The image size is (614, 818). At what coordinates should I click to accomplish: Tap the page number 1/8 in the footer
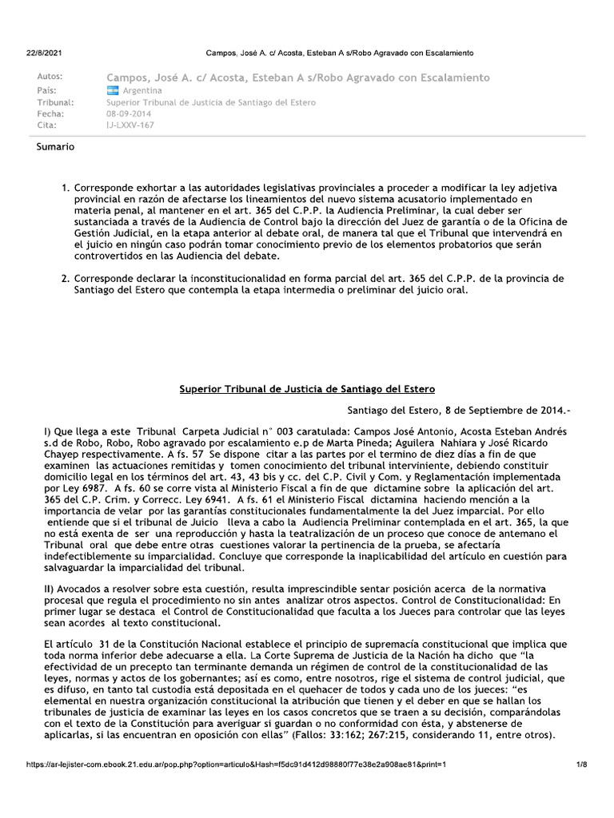pyautogui.click(x=581, y=764)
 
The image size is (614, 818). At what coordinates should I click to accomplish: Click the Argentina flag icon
pyautogui.click(x=112, y=90)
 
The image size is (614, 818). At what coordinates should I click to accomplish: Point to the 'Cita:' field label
pyautogui.click(x=47, y=126)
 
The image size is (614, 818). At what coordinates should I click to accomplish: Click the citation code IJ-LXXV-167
pyautogui.click(x=130, y=126)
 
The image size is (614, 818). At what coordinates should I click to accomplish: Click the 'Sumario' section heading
pyautogui.click(x=56, y=147)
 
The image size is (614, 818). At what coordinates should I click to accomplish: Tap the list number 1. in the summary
pyautogui.click(x=66, y=188)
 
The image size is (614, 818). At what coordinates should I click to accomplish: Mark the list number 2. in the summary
pyautogui.click(x=66, y=278)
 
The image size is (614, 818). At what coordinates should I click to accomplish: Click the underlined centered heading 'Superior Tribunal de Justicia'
pyautogui.click(x=307, y=389)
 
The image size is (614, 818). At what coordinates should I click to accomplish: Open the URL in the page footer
pyautogui.click(x=236, y=764)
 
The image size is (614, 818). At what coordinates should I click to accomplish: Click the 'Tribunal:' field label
pyautogui.click(x=56, y=102)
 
